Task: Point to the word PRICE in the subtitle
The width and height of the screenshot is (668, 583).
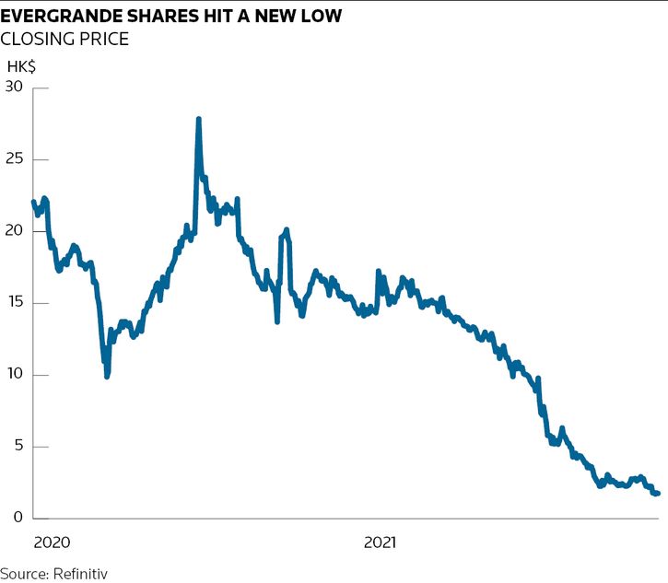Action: (x=101, y=39)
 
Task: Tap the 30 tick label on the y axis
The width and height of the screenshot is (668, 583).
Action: (x=13, y=87)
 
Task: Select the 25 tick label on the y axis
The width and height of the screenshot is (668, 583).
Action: (x=13, y=159)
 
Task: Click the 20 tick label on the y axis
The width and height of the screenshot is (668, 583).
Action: (x=13, y=231)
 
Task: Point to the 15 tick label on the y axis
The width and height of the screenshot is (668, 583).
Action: (x=13, y=303)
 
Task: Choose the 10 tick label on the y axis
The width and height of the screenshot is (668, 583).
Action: (x=13, y=375)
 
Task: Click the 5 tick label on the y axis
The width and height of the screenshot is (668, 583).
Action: (x=18, y=447)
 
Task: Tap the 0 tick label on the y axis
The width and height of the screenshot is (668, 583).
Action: (x=18, y=519)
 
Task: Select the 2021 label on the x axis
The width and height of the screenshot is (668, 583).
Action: (x=380, y=542)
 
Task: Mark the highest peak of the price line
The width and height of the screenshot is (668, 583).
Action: (x=198, y=120)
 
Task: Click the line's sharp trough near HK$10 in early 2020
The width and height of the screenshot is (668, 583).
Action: (x=108, y=375)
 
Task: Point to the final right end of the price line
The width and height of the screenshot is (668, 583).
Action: (x=657, y=493)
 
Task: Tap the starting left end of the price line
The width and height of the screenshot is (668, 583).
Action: (x=33, y=202)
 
